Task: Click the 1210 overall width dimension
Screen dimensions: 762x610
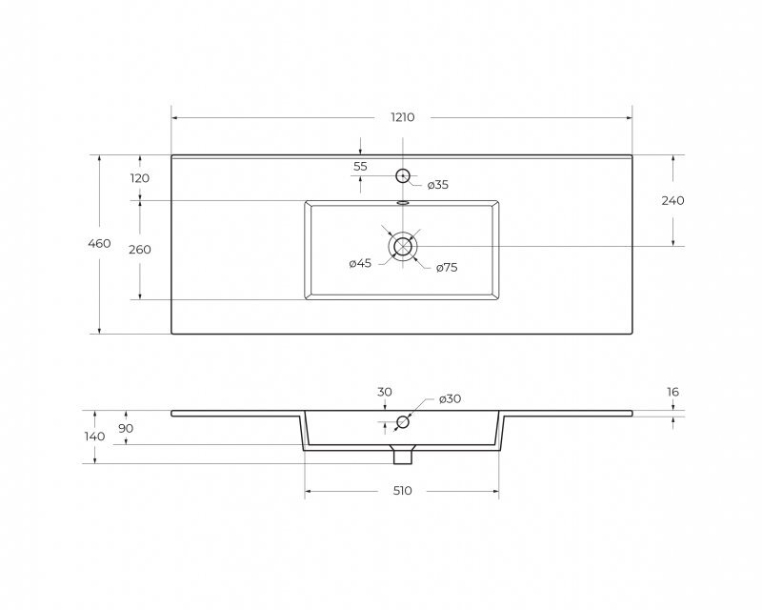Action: pyautogui.click(x=402, y=117)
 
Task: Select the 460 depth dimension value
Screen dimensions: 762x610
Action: pyautogui.click(x=99, y=243)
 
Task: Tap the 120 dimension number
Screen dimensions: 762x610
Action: pyautogui.click(x=139, y=178)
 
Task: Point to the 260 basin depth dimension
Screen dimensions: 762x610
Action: pyautogui.click(x=139, y=250)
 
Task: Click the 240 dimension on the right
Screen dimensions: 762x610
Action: pyautogui.click(x=672, y=200)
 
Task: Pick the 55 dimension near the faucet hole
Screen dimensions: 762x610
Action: pyautogui.click(x=360, y=167)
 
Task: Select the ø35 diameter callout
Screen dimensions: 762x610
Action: pyautogui.click(x=438, y=185)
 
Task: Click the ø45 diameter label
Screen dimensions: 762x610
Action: pyautogui.click(x=360, y=264)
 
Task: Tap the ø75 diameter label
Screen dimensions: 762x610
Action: pyautogui.click(x=447, y=268)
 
